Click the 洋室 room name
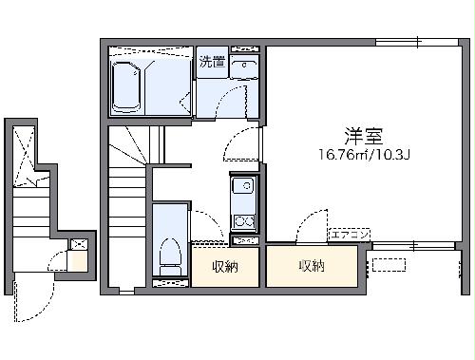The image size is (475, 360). click(x=357, y=135)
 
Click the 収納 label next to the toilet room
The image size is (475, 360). click(x=225, y=267)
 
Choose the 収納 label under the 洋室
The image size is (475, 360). click(x=312, y=266)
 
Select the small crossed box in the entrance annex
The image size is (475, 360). click(x=78, y=245)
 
